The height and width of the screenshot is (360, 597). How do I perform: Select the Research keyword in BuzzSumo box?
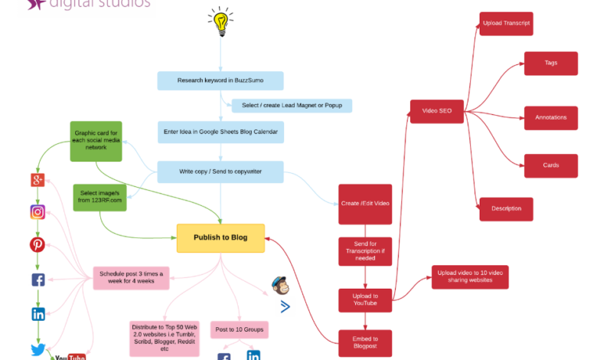220,80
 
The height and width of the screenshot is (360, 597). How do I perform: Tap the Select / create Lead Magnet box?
281,105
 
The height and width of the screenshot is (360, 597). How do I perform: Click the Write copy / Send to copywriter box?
220,172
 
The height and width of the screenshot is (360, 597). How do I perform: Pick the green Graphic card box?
96,141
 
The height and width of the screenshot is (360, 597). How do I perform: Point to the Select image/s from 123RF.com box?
99,198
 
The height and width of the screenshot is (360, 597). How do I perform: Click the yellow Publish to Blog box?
220,237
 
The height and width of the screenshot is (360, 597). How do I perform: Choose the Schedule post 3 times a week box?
132,278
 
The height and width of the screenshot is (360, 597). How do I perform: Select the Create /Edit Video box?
365,204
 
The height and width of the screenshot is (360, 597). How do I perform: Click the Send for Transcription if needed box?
365,251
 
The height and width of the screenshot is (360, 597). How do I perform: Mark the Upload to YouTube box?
365,300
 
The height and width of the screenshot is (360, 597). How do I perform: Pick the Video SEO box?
437,111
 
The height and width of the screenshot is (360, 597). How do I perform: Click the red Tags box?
551,64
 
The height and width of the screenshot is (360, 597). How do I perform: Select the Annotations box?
551,117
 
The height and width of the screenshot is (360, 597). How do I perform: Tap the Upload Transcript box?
506,24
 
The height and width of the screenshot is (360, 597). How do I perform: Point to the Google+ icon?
38,180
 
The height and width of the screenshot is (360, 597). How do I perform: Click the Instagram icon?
38,213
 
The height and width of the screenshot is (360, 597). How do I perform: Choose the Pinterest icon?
38,245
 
